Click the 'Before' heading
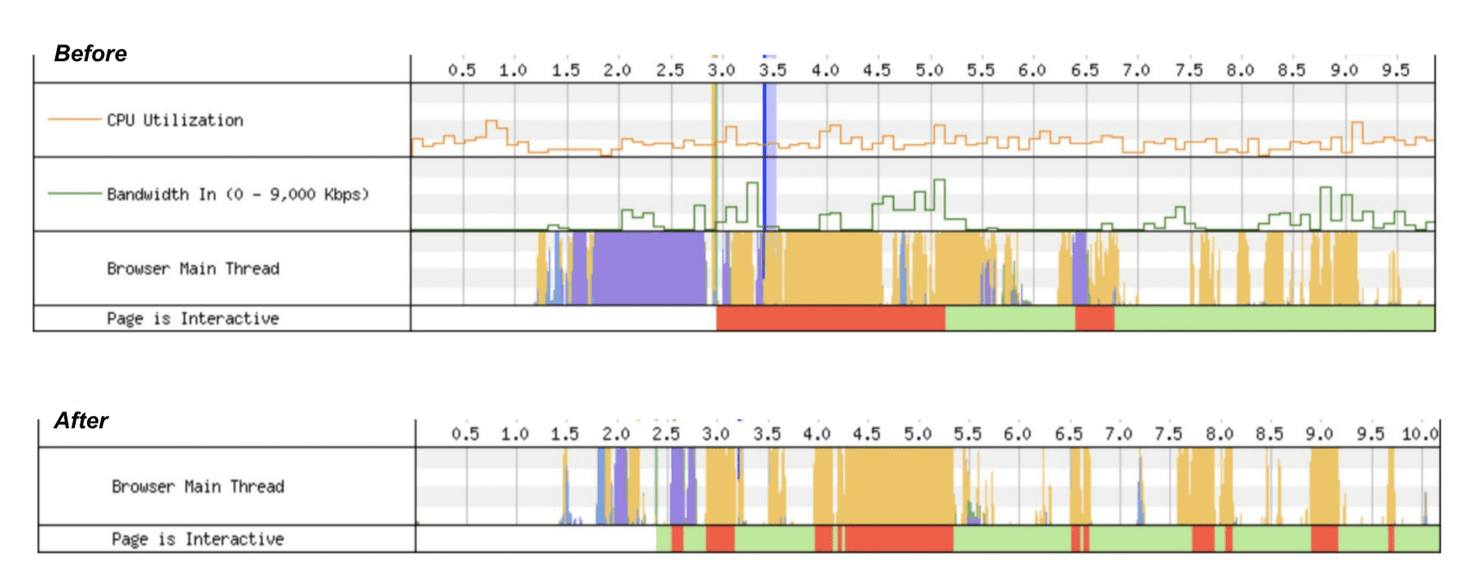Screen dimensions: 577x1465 coord(90,54)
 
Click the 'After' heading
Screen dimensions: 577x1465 coord(81,421)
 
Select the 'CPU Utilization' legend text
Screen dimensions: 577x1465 coord(175,120)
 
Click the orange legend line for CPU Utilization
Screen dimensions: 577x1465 coord(75,120)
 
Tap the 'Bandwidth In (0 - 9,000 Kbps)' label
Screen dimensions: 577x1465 coord(238,195)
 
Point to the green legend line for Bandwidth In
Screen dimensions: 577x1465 coord(75,194)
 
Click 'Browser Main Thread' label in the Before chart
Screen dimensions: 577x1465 coord(193,269)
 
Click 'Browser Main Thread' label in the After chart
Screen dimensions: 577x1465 coord(198,487)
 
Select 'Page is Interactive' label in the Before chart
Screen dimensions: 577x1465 coord(193,318)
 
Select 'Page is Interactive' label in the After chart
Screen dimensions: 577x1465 coord(198,539)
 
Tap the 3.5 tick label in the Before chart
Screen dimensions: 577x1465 coord(773,70)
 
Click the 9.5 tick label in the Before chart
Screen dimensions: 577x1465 coord(1395,70)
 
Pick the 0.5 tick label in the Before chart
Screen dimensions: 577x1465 coord(462,70)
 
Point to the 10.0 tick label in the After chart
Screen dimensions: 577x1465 coord(1419,434)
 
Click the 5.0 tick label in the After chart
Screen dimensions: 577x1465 coord(918,434)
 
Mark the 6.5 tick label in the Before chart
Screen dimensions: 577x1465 coord(1084,70)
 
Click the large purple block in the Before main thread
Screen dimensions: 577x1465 coord(648,267)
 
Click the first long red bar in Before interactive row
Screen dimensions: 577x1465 coord(831,318)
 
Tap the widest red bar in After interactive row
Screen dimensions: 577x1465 coord(899,539)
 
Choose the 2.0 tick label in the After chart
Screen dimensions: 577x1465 coord(616,434)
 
